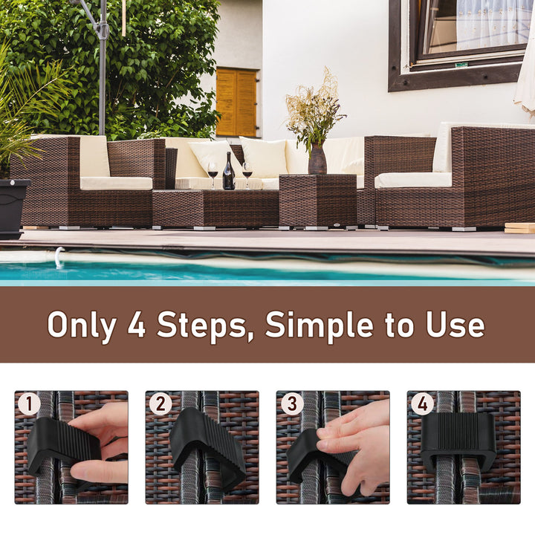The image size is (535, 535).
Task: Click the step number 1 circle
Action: click(29, 405)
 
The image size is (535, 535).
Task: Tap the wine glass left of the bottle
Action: click(213, 172)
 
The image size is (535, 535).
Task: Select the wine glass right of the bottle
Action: click(247, 172)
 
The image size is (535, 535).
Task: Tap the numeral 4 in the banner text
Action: click(136, 325)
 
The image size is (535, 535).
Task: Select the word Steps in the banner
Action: click(204, 325)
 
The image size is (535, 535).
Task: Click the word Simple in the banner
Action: click(322, 325)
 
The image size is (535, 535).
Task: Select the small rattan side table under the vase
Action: click(317, 200)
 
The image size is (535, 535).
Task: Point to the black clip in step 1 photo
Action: click(63, 447)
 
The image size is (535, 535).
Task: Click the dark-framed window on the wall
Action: click(457, 42)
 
